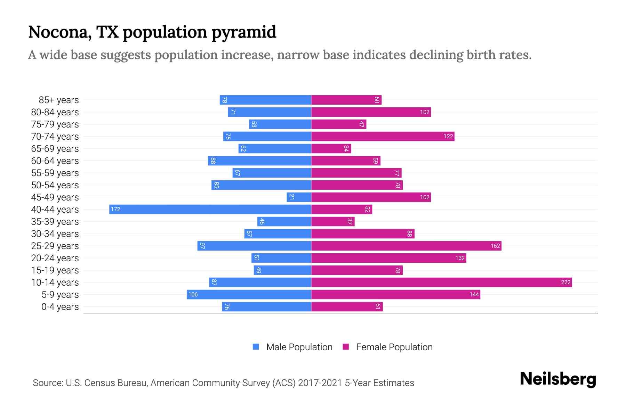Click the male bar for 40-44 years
210,209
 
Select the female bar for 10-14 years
441,282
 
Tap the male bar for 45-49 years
299,197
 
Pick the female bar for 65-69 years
331,148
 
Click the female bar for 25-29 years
406,246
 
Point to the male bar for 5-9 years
249,294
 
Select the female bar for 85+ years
346,100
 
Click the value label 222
565,282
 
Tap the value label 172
115,209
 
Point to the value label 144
474,294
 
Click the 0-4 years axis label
60,307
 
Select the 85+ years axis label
58,100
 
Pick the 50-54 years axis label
55,185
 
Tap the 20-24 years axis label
55,258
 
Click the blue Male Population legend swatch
256,347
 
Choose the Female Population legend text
394,347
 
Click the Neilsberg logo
558,379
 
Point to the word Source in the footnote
48,383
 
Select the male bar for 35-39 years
284,221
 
